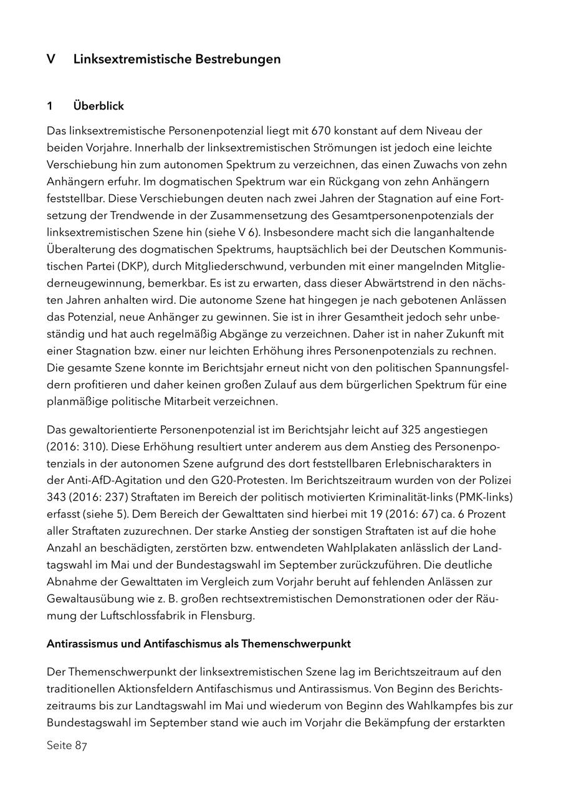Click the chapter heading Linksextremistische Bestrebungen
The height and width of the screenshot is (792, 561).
[176, 59]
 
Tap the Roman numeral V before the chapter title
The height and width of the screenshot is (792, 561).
[50, 59]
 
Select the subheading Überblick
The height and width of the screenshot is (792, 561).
[98, 106]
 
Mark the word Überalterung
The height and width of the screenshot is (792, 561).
[80, 249]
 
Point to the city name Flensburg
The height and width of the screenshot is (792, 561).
[226, 615]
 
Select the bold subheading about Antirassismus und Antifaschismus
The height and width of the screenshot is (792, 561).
[199, 644]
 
